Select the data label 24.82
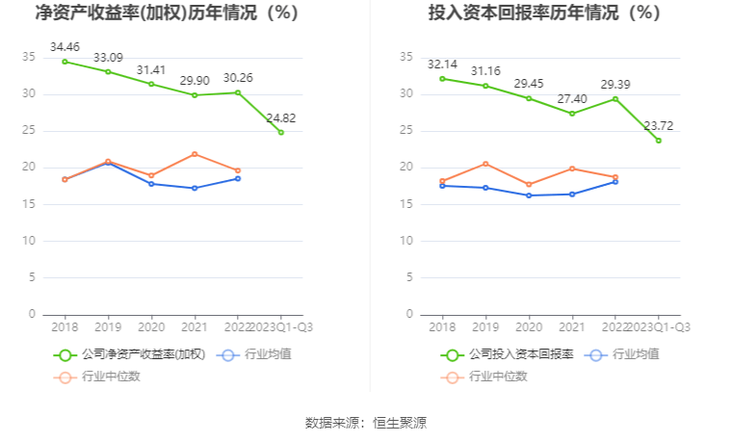point(281,117)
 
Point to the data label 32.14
point(442,64)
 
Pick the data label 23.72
point(659,125)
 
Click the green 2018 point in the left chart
point(65,62)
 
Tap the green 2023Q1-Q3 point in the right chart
point(659,141)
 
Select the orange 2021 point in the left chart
point(195,154)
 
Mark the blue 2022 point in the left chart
point(238,178)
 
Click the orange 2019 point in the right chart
point(485,164)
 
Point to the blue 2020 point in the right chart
point(529,195)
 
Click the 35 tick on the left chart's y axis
point(29,58)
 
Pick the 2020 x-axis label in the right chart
point(529,326)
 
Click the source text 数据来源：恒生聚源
point(366,422)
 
